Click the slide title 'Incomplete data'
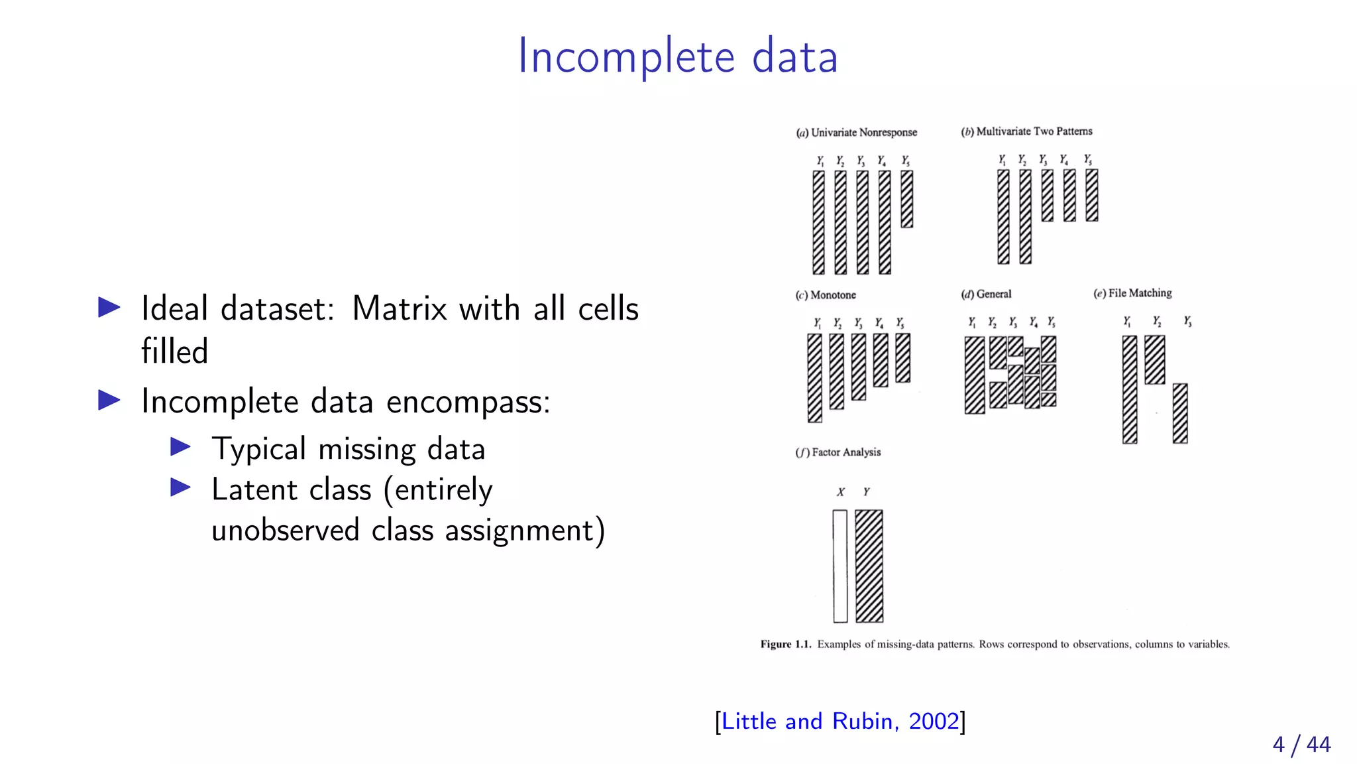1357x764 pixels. click(x=677, y=57)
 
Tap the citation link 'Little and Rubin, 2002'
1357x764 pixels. click(x=840, y=721)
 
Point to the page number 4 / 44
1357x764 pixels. click(x=1301, y=744)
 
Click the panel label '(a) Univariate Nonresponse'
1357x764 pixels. click(x=857, y=133)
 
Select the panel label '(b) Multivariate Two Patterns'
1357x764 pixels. click(x=1026, y=131)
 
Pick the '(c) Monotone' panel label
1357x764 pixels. click(x=826, y=295)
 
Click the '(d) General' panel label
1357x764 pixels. click(x=986, y=294)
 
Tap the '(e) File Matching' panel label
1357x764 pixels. click(x=1132, y=293)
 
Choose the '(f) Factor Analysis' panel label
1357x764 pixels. click(x=838, y=452)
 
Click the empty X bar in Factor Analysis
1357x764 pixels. click(x=840, y=566)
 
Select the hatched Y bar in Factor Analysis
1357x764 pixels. click(x=869, y=566)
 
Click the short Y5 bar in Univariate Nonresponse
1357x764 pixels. click(x=906, y=199)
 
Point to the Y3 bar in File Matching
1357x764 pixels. click(x=1179, y=413)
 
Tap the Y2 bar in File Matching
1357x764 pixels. click(x=1154, y=359)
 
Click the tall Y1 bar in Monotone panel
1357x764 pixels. click(x=814, y=377)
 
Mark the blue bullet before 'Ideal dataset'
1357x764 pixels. click(x=109, y=307)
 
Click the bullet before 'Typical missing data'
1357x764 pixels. click(x=180, y=447)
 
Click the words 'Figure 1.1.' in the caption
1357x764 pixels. click(x=785, y=644)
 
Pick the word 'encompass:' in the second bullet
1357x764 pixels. click(x=468, y=402)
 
